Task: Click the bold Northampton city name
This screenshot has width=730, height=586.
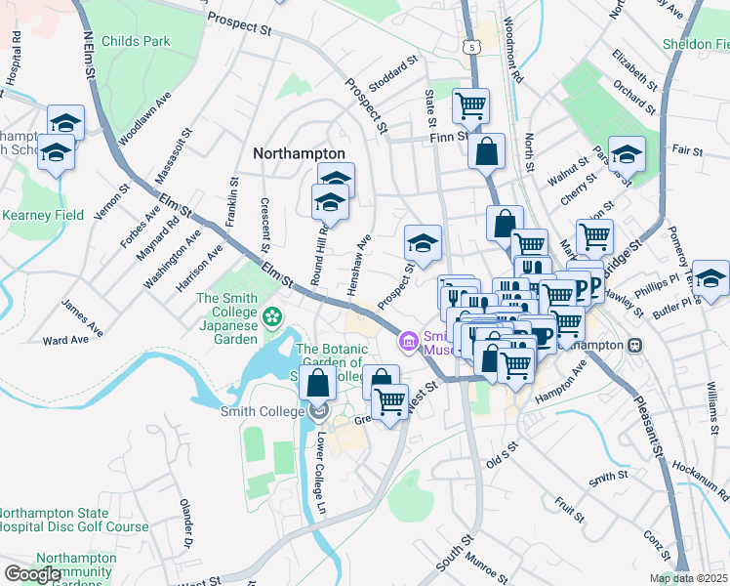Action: click(299, 153)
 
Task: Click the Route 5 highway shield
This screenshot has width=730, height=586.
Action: click(473, 46)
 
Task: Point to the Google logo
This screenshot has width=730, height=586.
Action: click(32, 573)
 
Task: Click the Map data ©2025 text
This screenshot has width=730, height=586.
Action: click(689, 578)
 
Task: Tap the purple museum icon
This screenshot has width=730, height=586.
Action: click(408, 342)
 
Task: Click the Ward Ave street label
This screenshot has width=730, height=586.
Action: click(66, 341)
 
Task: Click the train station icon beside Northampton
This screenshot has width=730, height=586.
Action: click(634, 345)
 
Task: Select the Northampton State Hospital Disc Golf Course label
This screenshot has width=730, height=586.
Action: click(74, 520)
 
